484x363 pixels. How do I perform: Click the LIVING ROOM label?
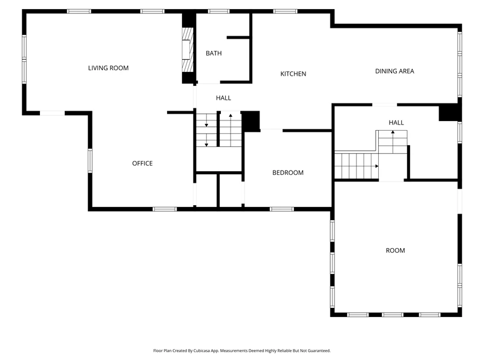(108, 68)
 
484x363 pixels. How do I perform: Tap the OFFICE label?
(142, 163)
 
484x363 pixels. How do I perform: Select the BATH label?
(214, 53)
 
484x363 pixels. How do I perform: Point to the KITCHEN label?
(293, 74)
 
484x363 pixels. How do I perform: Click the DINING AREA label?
(394, 71)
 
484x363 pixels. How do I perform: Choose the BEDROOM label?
(288, 172)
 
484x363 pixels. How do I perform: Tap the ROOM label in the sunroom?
(396, 250)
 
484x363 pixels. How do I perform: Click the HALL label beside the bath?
(223, 98)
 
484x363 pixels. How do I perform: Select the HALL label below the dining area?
(396, 123)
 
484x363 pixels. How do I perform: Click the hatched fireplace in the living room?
(188, 50)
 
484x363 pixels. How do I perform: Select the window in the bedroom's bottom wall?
(282, 209)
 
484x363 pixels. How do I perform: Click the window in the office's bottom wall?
(165, 209)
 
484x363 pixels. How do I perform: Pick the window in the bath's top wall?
(218, 11)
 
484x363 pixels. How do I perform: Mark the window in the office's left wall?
(90, 161)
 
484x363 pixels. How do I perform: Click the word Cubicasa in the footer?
(202, 351)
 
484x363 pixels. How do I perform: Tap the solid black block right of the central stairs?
(250, 122)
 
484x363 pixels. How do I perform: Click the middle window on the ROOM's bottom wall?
(393, 315)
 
